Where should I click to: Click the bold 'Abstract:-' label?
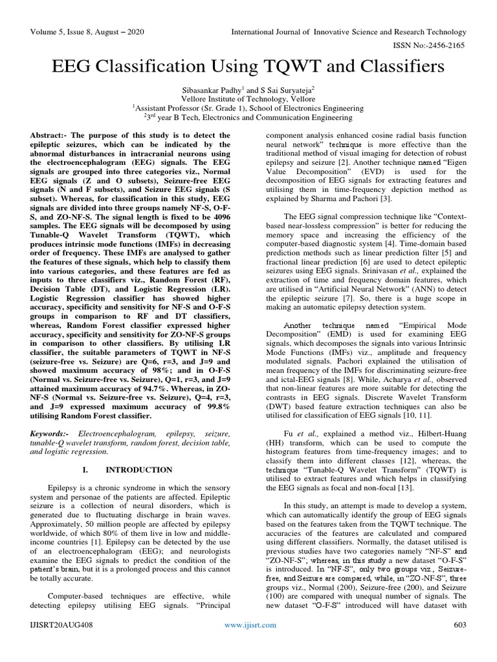49,131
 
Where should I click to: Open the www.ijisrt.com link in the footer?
250,643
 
